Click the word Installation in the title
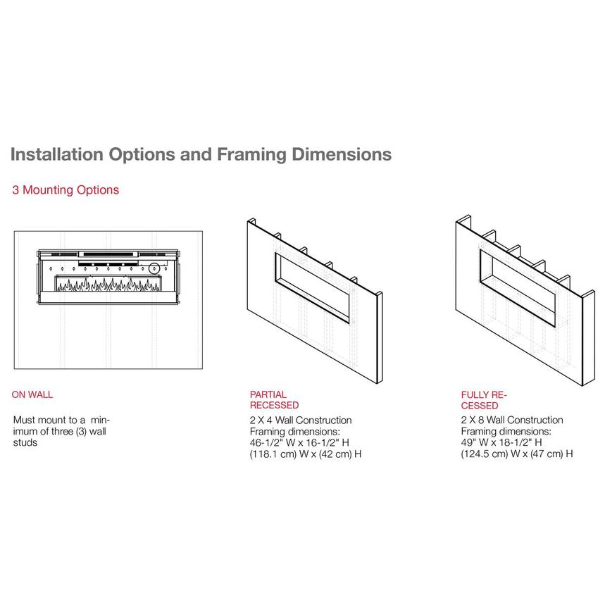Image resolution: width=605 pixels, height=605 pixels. [57, 154]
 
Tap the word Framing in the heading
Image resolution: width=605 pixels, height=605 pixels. [251, 155]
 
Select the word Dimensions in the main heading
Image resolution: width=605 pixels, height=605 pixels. [342, 154]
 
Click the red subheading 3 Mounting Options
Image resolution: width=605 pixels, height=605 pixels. [66, 190]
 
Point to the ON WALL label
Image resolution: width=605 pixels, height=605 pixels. [32, 394]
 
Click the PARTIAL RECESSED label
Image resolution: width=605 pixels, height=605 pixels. [275, 400]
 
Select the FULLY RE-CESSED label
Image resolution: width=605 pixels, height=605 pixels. [484, 400]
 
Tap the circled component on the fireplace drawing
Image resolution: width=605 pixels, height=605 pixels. [154, 268]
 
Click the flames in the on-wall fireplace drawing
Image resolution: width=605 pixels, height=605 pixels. [108, 285]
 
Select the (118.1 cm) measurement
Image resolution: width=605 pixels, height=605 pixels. [273, 454]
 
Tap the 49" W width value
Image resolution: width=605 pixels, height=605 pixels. [475, 442]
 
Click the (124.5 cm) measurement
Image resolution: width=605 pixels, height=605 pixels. [485, 454]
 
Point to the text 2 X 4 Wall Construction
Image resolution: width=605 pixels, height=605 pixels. [301, 420]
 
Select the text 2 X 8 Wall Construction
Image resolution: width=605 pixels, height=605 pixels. [512, 420]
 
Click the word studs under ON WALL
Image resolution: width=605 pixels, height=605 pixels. [25, 442]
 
